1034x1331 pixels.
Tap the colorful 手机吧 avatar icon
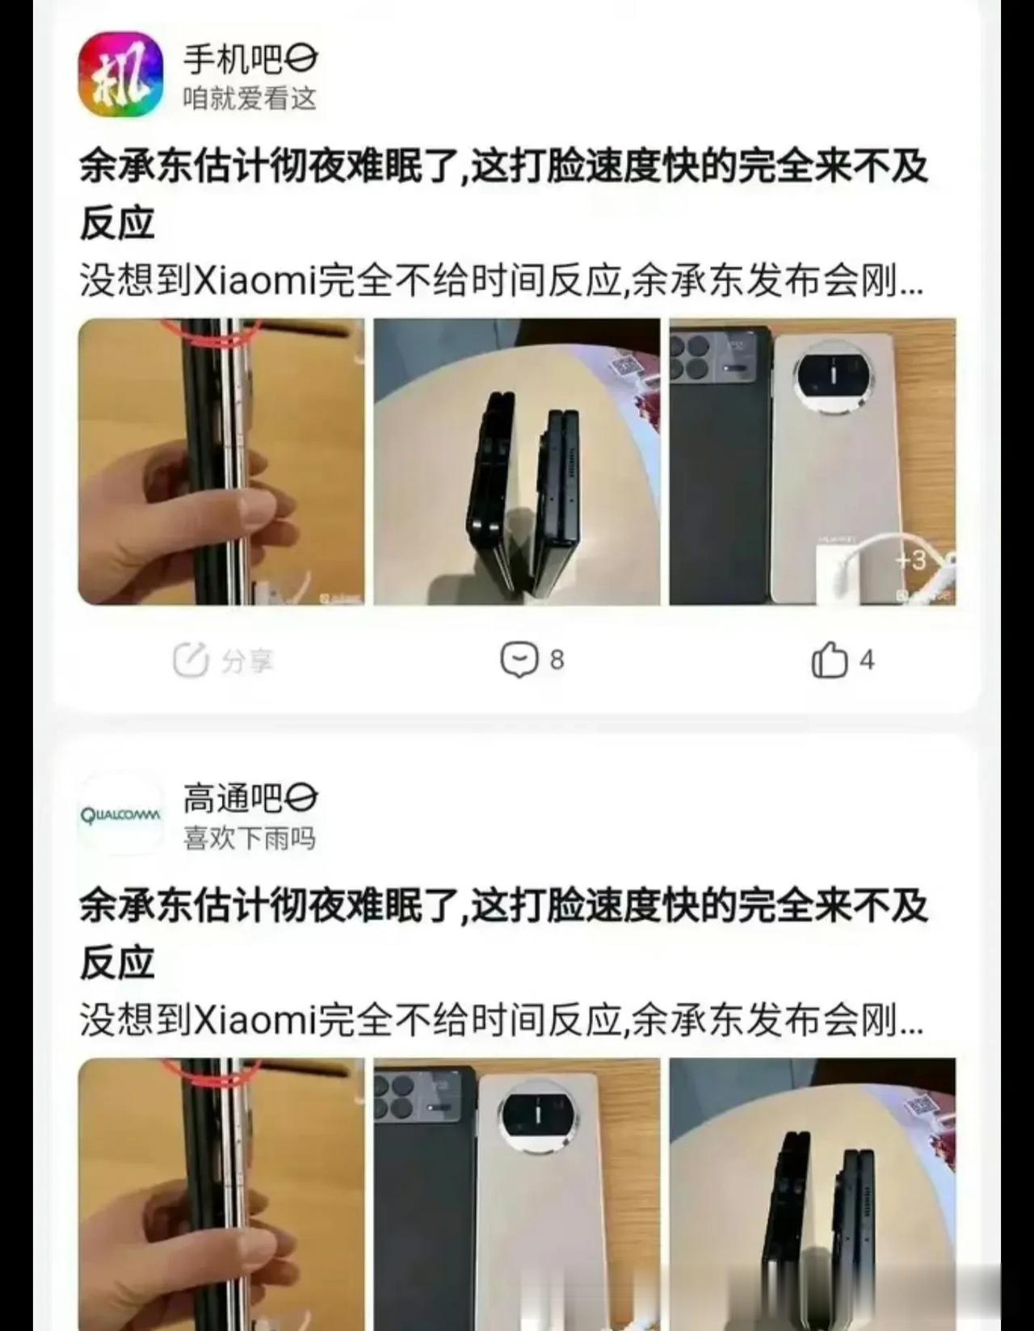pos(120,75)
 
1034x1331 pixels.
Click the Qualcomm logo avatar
pos(120,815)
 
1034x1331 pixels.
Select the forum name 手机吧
pos(233,60)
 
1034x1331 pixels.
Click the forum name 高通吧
pos(233,799)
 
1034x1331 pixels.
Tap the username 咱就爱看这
pos(250,98)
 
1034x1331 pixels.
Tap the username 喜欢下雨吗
pos(250,838)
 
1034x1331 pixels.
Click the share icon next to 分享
pos(191,660)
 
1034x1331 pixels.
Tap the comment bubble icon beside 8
pos(519,660)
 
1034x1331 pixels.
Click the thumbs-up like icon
pos(830,660)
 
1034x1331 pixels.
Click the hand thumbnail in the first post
pos(221,462)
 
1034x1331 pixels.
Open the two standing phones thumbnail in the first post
pos(517,462)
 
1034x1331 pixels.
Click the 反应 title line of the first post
pos(117,224)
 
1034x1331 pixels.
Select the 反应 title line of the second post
pos(117,963)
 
